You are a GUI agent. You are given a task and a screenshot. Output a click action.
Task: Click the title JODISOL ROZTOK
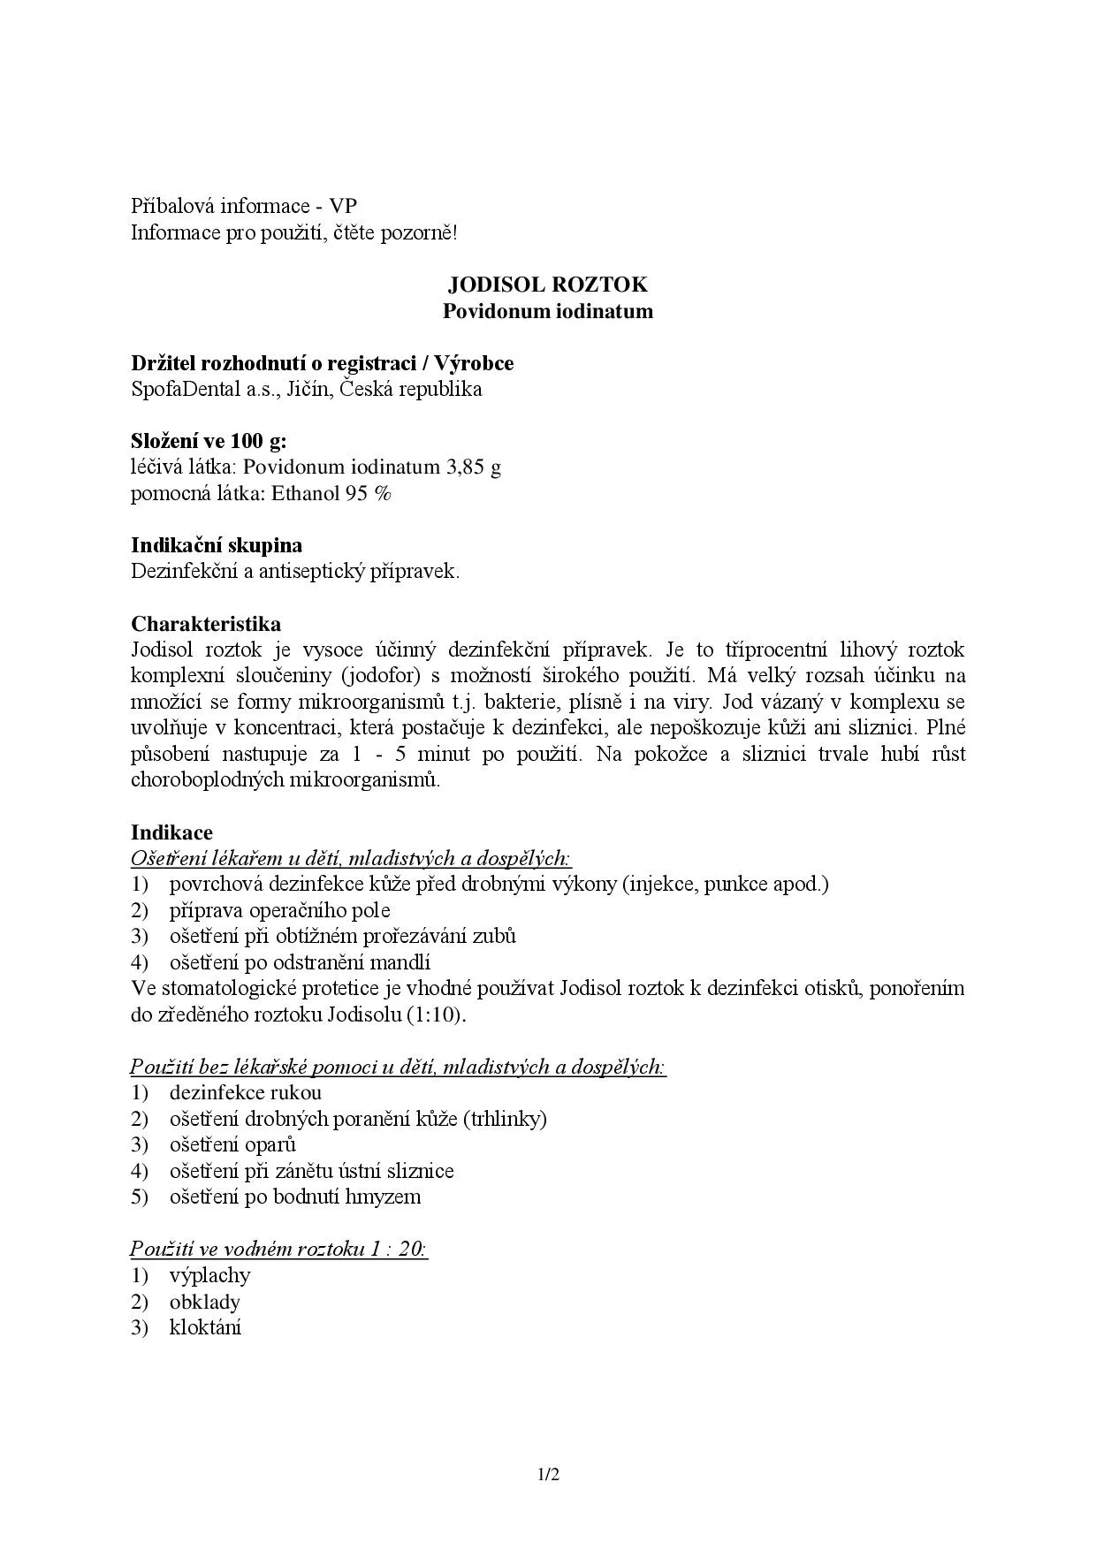(x=547, y=285)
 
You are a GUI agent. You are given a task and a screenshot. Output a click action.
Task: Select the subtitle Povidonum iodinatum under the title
(x=547, y=311)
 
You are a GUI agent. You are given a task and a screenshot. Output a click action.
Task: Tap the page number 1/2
(x=548, y=1474)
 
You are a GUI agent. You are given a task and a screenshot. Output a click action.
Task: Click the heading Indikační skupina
(x=217, y=545)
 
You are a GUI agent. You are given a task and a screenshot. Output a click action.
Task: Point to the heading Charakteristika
(x=206, y=624)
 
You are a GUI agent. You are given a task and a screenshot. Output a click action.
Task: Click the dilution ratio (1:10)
(x=436, y=1014)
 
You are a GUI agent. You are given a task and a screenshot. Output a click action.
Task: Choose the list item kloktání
(x=205, y=1327)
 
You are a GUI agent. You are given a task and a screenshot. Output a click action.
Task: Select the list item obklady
(x=205, y=1302)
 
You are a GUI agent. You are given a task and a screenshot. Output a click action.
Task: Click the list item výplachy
(x=210, y=1275)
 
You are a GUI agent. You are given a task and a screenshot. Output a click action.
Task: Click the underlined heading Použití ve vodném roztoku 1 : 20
(x=278, y=1249)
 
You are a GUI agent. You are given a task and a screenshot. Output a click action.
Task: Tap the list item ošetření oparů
(x=232, y=1144)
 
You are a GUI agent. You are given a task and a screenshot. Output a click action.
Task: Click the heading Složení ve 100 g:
(x=209, y=441)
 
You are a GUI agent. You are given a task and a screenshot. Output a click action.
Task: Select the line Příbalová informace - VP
(x=244, y=206)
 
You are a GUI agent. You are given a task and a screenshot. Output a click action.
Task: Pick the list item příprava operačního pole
(x=279, y=910)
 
